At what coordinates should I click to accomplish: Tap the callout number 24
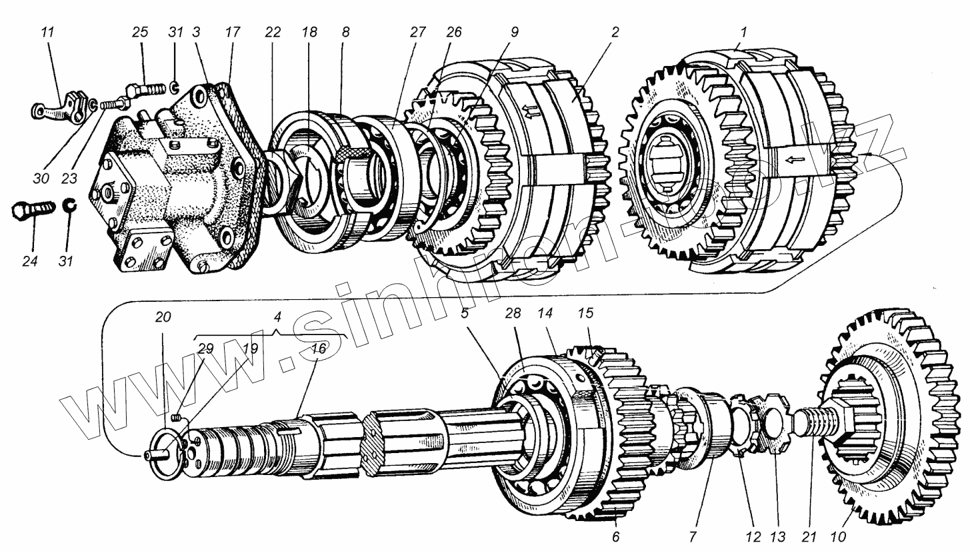pos(29,261)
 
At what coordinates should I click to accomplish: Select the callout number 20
pos(163,318)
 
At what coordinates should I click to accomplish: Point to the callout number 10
pos(837,537)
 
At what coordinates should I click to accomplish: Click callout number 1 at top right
pos(744,31)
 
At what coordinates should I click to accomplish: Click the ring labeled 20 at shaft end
pos(167,454)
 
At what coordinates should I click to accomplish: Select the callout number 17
pos(231,32)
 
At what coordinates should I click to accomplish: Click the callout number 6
pos(615,537)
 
